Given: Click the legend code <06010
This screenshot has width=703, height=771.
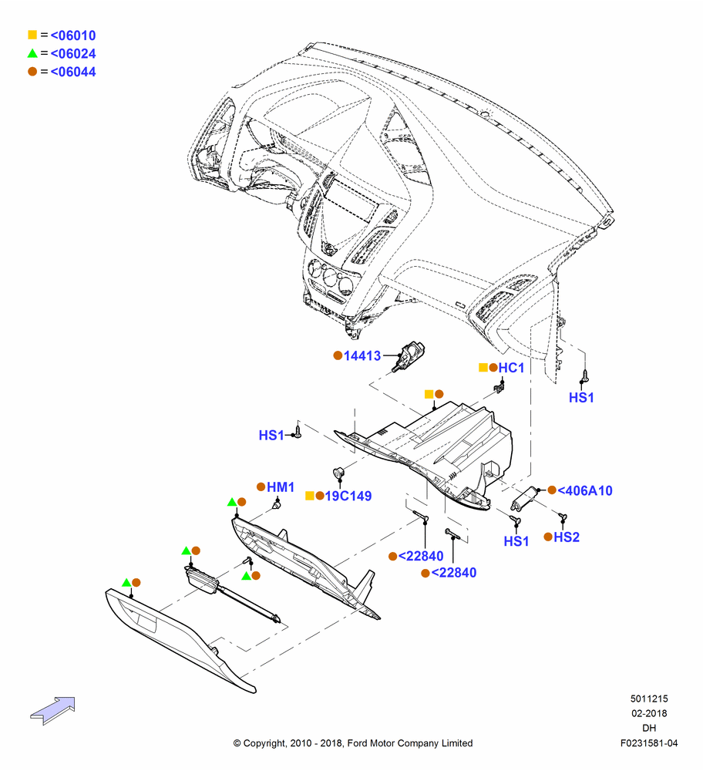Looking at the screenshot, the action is coord(72,35).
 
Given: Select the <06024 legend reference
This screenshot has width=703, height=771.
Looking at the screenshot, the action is coord(72,54).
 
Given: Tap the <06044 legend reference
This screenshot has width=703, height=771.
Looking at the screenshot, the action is coord(72,72).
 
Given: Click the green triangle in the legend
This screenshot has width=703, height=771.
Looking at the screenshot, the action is coord(32,53).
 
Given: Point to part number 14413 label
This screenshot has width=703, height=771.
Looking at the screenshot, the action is coord(362,355).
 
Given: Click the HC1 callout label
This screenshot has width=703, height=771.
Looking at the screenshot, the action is coord(511,368).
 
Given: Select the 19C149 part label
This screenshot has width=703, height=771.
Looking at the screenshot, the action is coord(348,496).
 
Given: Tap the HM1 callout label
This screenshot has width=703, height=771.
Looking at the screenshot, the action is coord(281,487).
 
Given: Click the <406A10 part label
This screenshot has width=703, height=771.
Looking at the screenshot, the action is coord(585,490).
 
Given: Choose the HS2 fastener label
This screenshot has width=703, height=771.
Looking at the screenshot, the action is coord(567,537).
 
